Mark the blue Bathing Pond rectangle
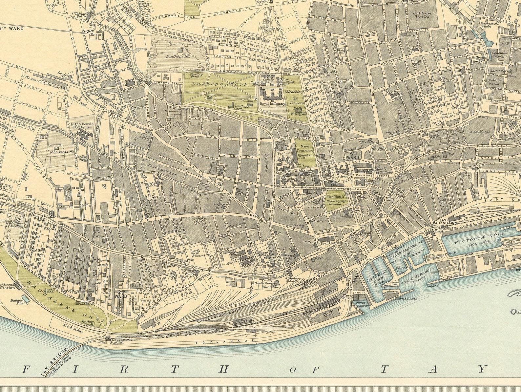tap(24, 299)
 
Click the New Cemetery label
tap(305, 148)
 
